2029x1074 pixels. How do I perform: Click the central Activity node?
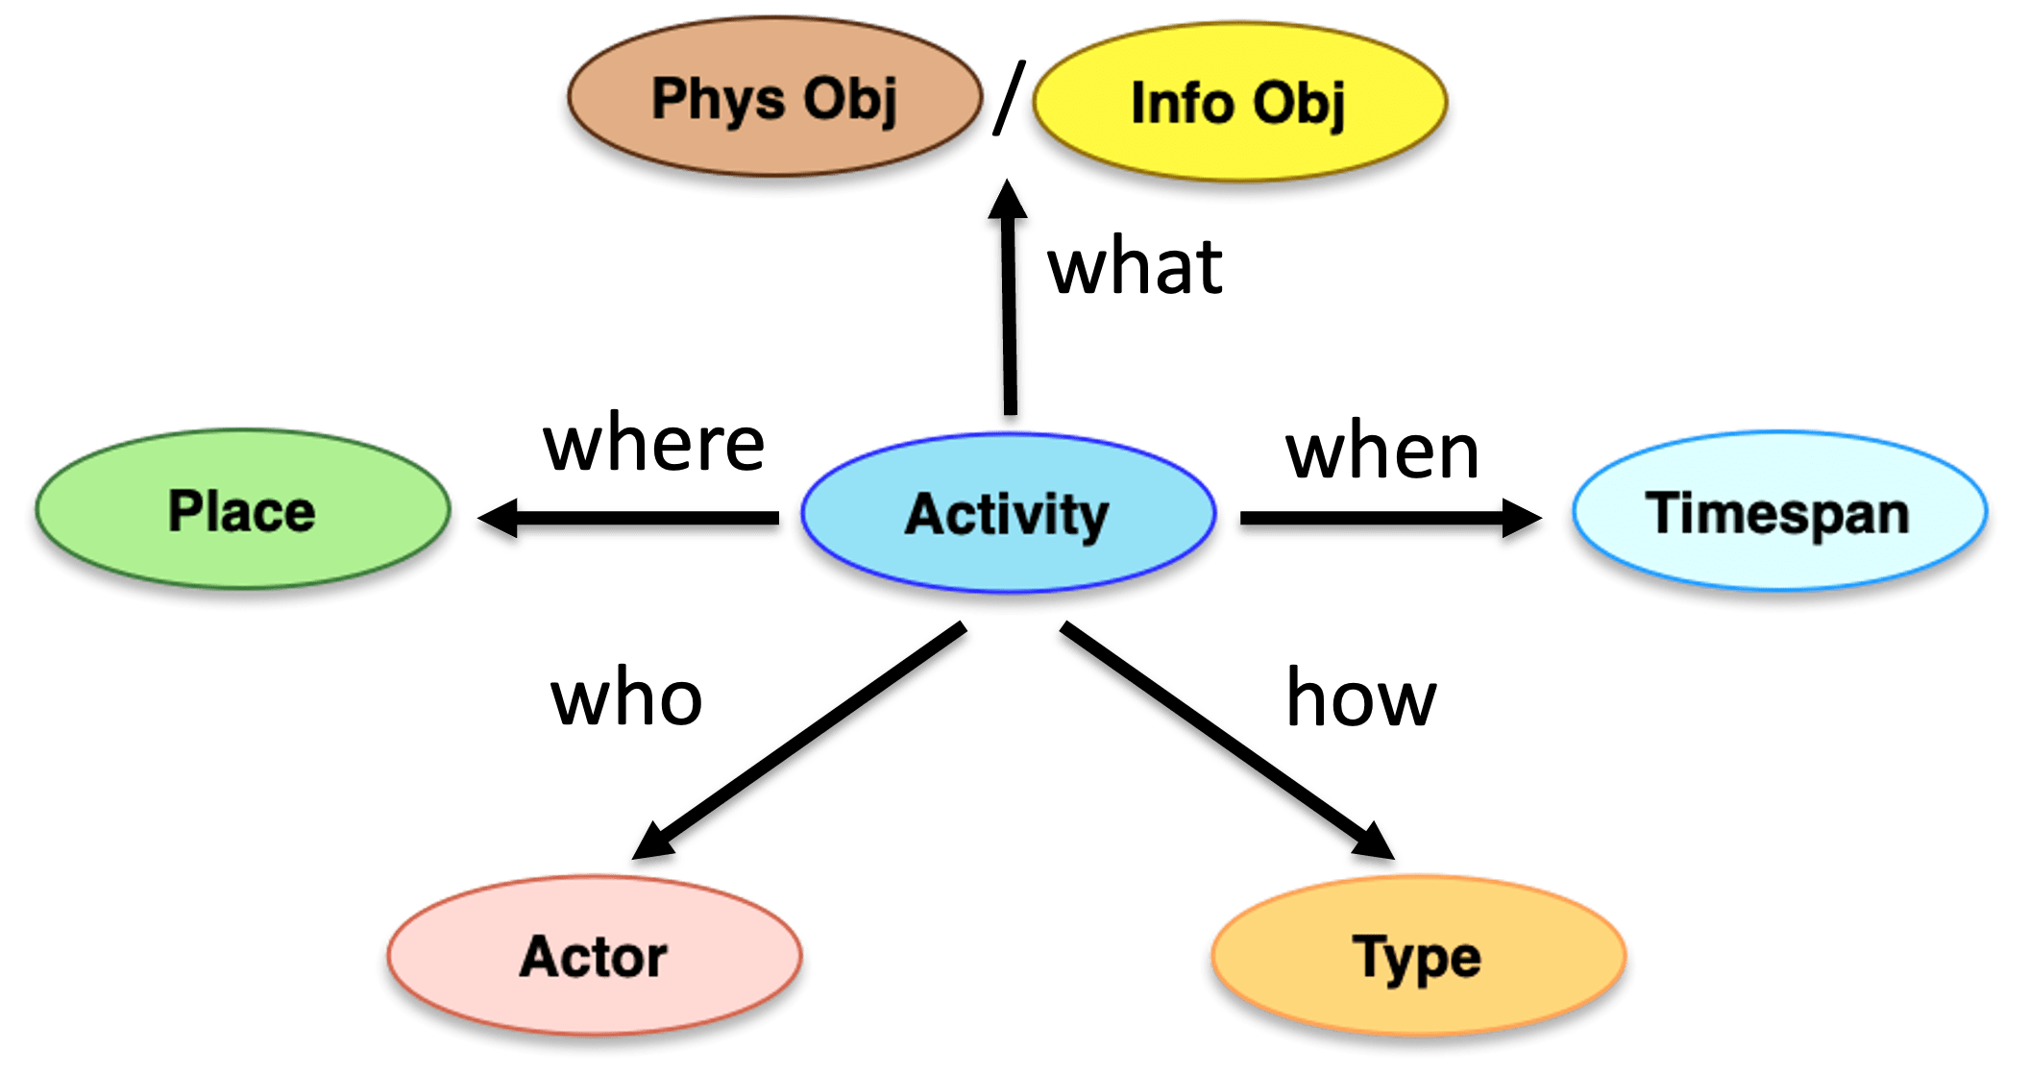tap(1008, 513)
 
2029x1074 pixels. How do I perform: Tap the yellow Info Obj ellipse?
tap(1238, 103)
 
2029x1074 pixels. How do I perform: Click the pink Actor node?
tap(593, 956)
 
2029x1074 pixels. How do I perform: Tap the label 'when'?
tap(1382, 452)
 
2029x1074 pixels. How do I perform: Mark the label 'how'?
tap(1360, 698)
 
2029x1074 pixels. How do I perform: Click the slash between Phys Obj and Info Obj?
tap(1007, 98)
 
